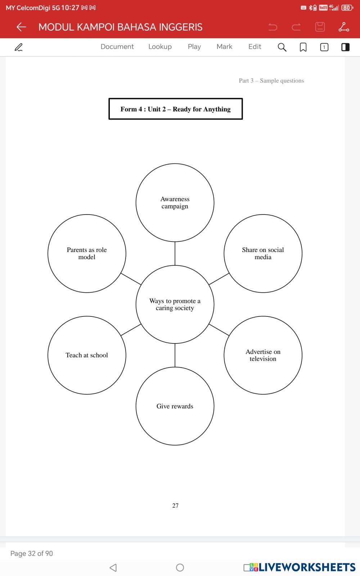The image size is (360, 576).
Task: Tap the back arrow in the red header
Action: [21, 27]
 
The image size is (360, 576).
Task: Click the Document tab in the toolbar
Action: [117, 47]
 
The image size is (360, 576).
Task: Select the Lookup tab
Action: [160, 47]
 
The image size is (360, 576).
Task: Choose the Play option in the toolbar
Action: [194, 47]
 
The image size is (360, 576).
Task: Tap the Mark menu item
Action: [224, 47]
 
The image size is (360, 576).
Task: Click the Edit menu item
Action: [255, 47]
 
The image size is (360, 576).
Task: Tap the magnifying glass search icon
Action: [282, 47]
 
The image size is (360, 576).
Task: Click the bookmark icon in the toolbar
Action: [303, 47]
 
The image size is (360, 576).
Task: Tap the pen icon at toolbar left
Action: [18, 47]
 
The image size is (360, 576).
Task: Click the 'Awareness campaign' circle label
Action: [175, 203]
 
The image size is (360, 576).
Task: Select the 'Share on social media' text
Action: [263, 253]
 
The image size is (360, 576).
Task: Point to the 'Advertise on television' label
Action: [263, 355]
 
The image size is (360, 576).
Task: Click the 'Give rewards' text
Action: [175, 406]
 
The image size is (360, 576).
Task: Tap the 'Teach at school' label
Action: [87, 355]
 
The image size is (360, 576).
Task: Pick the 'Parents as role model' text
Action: [87, 253]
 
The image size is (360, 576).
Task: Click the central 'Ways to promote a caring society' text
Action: [175, 305]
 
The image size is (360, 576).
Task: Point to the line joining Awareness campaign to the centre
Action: [175, 253]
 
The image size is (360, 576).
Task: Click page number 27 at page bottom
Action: [175, 505]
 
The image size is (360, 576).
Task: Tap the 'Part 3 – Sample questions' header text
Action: [271, 81]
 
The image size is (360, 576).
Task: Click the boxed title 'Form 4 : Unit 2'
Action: [176, 109]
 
